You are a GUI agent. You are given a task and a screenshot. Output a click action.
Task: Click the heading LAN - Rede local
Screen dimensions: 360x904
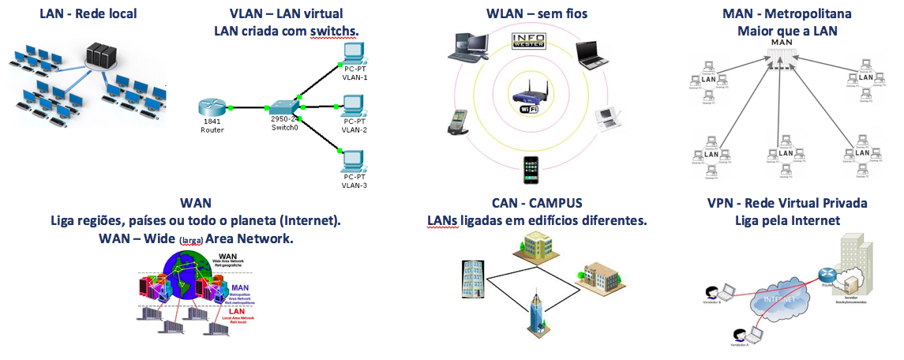pyautogui.click(x=88, y=13)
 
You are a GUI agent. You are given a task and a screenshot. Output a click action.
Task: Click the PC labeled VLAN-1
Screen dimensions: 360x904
pyautogui.click(x=353, y=54)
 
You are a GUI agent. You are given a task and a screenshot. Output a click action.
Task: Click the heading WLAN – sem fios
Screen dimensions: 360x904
pyautogui.click(x=536, y=13)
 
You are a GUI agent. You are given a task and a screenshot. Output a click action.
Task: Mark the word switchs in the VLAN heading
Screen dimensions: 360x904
pyautogui.click(x=333, y=31)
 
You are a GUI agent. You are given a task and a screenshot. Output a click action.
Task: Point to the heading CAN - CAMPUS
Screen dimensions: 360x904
pyautogui.click(x=537, y=203)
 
